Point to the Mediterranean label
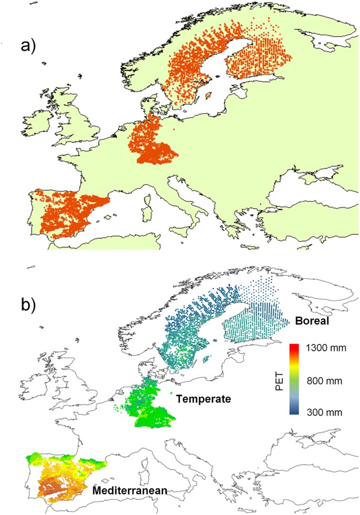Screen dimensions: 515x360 [129, 491]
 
